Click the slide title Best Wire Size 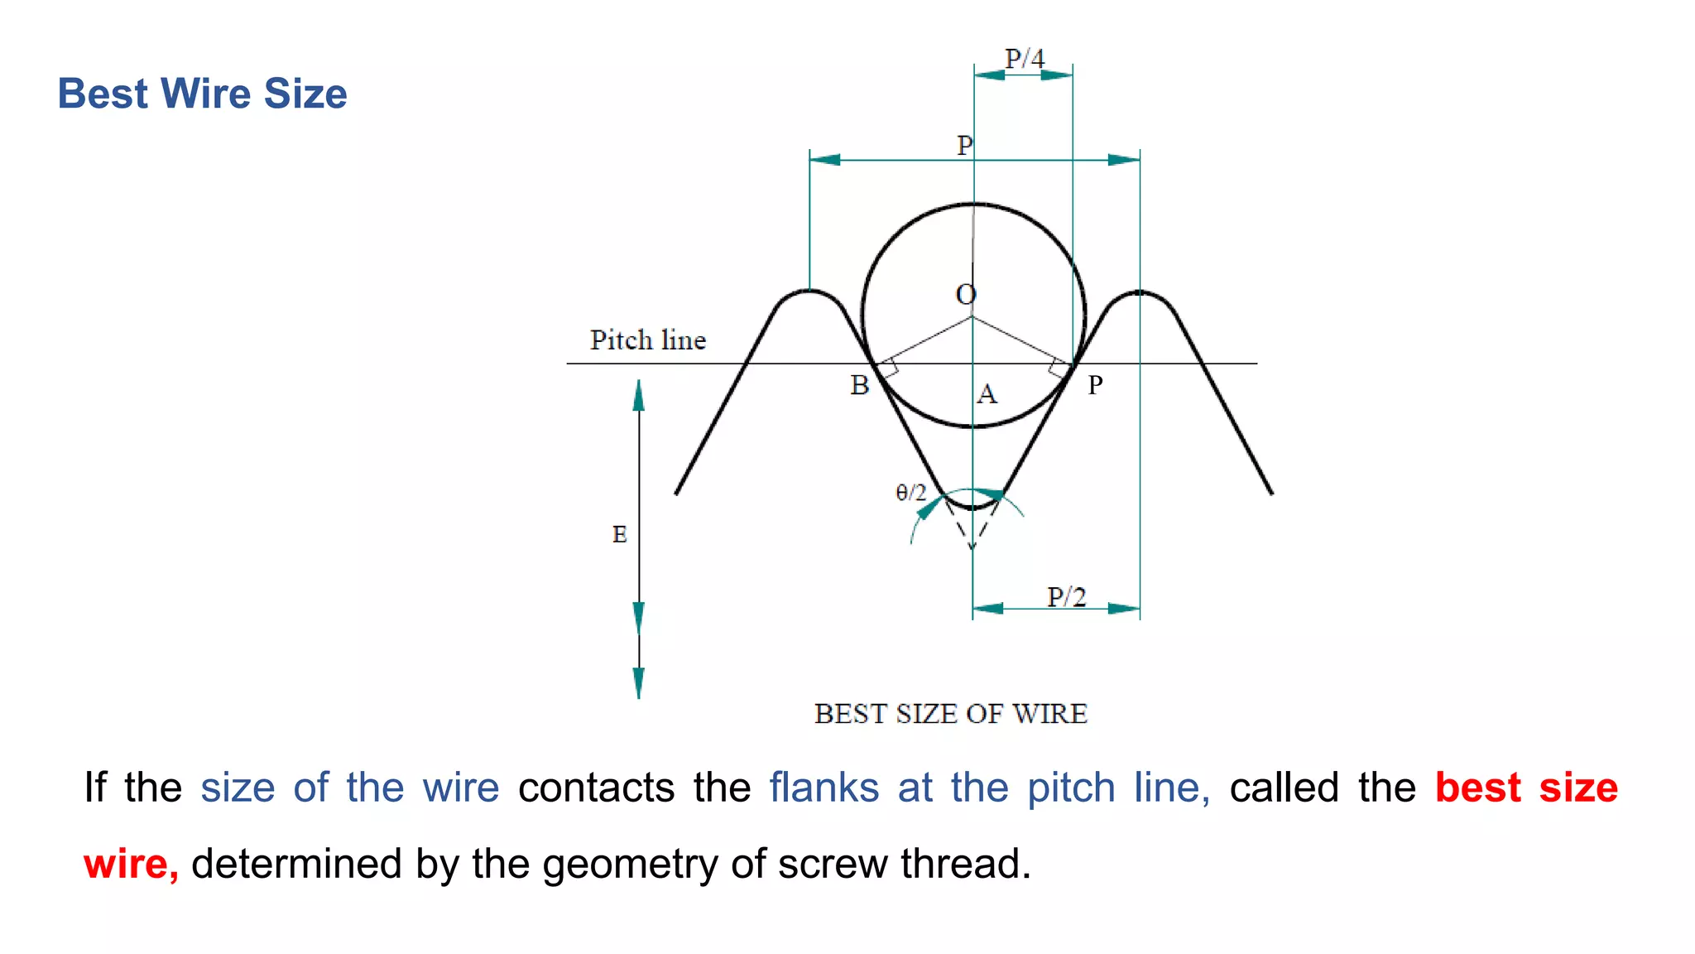point(202,94)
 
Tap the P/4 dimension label point(1024,58)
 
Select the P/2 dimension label point(1066,596)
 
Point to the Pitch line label point(647,340)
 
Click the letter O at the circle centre point(966,294)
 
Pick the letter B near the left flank point(860,385)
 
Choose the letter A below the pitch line point(987,393)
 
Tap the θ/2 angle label point(910,493)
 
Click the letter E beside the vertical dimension point(619,534)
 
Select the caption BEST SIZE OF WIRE point(950,714)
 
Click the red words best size point(1525,787)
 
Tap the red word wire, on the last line point(131,864)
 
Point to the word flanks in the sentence point(823,787)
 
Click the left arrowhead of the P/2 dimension point(987,609)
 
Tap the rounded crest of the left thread point(809,291)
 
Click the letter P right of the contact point point(1095,385)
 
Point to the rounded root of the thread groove point(972,504)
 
